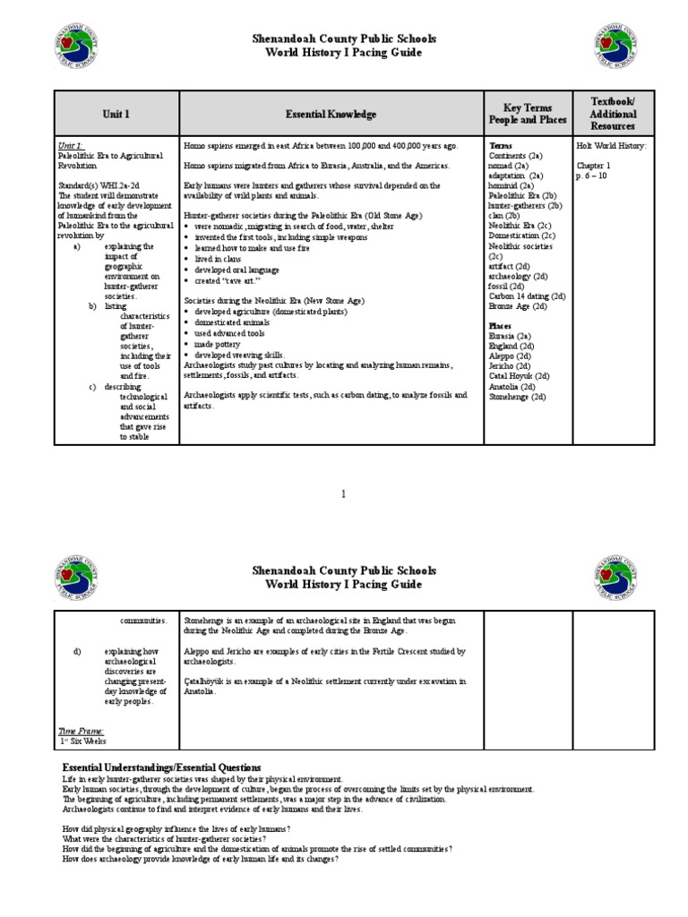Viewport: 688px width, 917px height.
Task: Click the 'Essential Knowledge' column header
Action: click(x=331, y=115)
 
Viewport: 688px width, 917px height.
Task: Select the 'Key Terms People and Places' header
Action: click(x=527, y=114)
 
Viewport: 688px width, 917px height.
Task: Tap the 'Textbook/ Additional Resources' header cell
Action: click(x=614, y=114)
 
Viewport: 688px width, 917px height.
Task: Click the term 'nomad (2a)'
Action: click(x=508, y=166)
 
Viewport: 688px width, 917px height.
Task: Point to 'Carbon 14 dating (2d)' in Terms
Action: click(x=527, y=295)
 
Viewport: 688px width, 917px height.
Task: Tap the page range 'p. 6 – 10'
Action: click(x=595, y=176)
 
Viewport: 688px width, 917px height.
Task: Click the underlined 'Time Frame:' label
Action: click(x=82, y=731)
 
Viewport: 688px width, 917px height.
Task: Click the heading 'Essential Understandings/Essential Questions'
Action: click(x=160, y=767)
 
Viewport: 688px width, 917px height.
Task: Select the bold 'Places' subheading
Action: click(x=502, y=325)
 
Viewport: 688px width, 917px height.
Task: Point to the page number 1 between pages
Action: click(x=344, y=493)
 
